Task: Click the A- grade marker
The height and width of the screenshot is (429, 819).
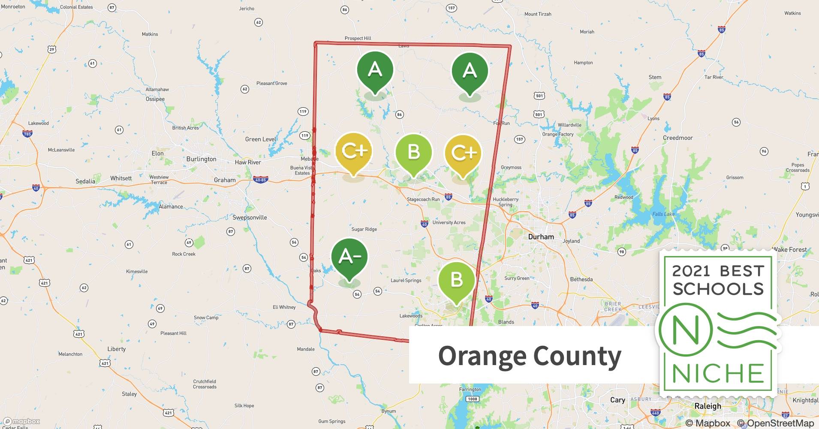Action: [349, 257]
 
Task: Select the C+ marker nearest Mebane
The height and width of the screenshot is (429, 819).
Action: [354, 151]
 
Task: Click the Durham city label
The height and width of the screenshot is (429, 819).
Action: [541, 237]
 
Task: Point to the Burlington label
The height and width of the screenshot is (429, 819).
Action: [201, 159]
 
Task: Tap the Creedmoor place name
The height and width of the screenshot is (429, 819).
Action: [677, 138]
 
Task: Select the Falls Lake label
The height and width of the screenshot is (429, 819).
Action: [663, 214]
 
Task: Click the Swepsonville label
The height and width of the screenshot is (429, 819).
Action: [250, 218]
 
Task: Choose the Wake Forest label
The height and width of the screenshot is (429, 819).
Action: [789, 250]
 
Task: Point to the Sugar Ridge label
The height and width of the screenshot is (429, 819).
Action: [364, 230]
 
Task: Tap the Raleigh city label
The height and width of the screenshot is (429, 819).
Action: [708, 406]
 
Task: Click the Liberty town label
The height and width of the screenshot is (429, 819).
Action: [117, 349]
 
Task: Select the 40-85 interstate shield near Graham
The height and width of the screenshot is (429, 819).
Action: [260, 180]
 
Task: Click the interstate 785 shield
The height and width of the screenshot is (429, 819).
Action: [27, 134]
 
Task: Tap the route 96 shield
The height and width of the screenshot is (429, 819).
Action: [764, 151]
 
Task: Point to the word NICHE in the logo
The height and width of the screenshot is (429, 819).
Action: [718, 373]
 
